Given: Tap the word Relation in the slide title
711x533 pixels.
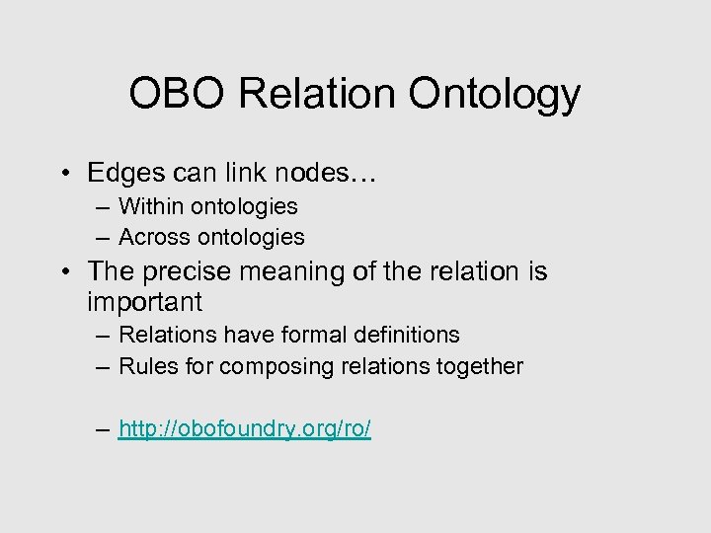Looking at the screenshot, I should pyautogui.click(x=322, y=95).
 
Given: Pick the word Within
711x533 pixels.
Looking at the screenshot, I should pyautogui.click(x=150, y=206).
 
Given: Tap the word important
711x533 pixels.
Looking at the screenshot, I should pyautogui.click(x=144, y=300).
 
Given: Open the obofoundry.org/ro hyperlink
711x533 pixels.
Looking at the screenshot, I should pyautogui.click(x=244, y=429).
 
